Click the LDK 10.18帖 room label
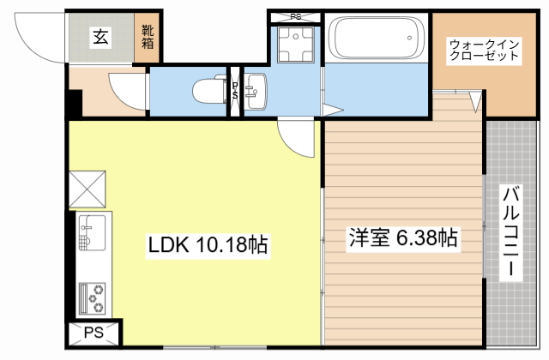pos(208,246)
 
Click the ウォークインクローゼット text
pos(485,50)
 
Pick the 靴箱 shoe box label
pos(148,37)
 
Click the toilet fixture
pos(207,89)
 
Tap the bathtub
pos(377,39)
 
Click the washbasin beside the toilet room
pos(256,89)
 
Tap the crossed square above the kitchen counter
pos(87,189)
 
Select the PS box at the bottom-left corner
pos(93,333)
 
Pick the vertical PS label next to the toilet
pos(234,89)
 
